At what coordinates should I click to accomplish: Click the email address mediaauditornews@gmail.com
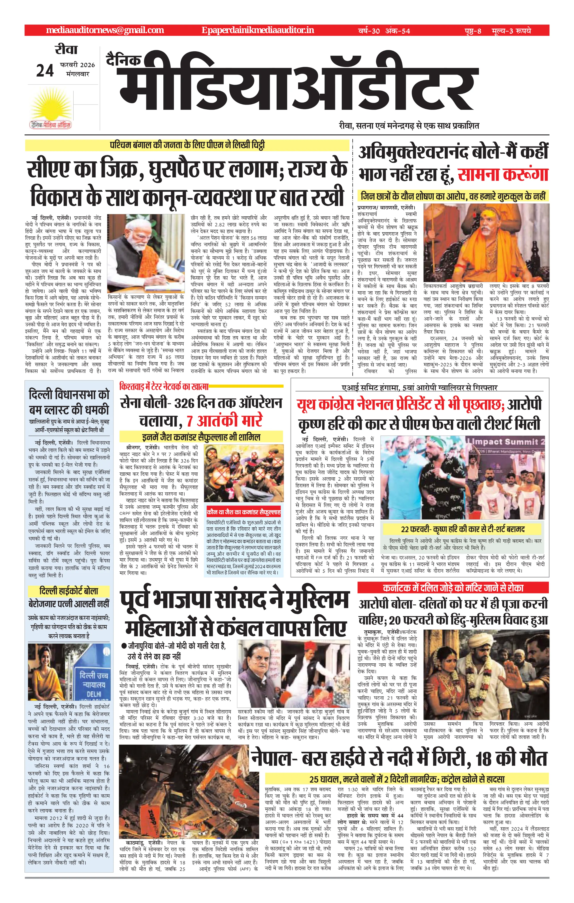pyautogui.click(x=105, y=30)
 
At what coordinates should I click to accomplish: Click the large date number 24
pyautogui.click(x=45, y=70)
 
